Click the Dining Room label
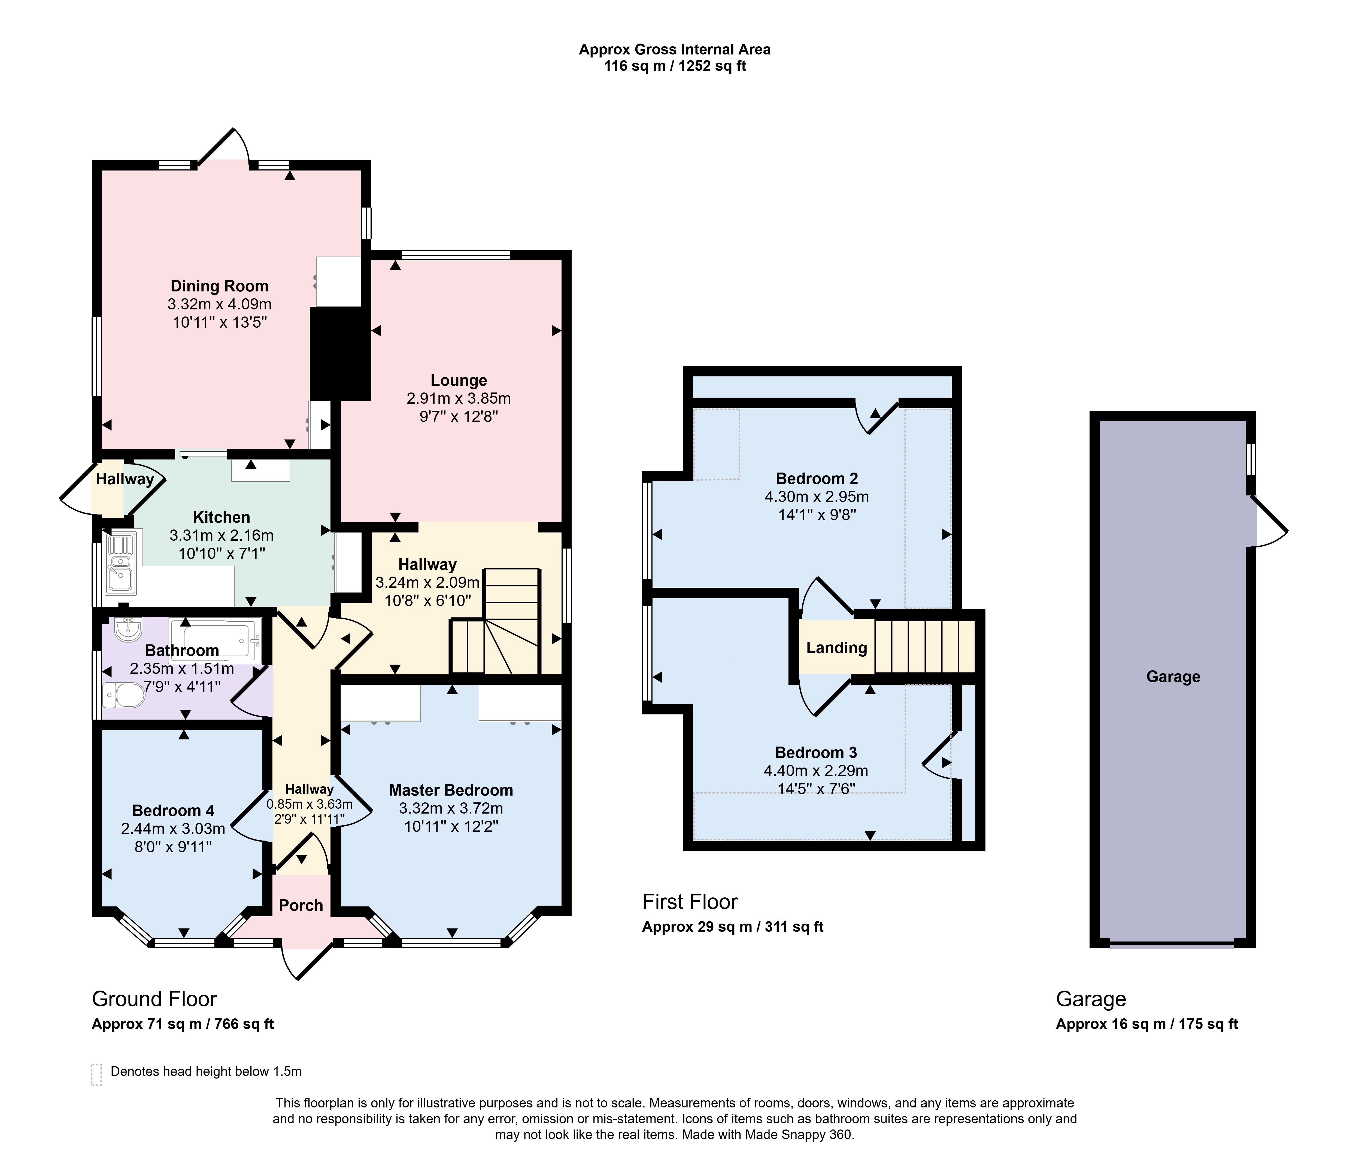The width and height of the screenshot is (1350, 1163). pos(220,286)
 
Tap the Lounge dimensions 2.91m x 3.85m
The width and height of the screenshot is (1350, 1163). pos(459,398)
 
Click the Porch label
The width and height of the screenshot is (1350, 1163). pos(301,905)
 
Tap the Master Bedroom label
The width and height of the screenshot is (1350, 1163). pos(451,790)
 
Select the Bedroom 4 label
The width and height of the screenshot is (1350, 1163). pos(173,811)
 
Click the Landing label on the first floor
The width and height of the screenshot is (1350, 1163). pos(837,648)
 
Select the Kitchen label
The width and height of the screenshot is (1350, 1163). pos(222,517)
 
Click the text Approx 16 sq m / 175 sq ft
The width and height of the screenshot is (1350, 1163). pos(1147,1024)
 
